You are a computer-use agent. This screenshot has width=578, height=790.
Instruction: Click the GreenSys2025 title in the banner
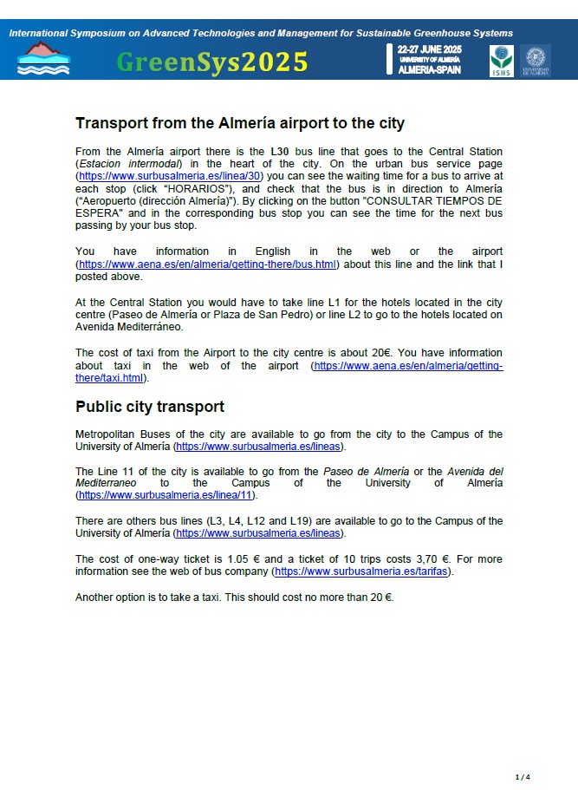tap(212, 62)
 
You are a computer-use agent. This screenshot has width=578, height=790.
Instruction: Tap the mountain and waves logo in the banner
tap(43, 58)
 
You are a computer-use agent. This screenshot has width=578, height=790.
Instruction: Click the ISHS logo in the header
tap(502, 60)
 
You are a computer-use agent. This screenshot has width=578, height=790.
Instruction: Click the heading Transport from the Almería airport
tap(240, 123)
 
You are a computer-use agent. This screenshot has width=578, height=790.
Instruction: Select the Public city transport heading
tap(150, 407)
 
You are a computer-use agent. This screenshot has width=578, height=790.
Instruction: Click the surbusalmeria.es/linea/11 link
tap(168, 495)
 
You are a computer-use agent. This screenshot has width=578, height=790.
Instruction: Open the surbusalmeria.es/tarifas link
tap(363, 571)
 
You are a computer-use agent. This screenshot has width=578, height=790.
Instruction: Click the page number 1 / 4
tap(523, 776)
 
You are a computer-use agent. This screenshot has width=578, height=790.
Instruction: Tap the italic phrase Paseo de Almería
tap(360, 471)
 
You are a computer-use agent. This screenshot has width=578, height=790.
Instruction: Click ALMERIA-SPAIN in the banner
tap(429, 70)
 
